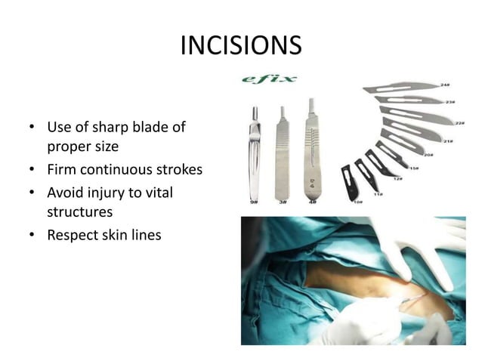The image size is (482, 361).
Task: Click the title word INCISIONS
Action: pyautogui.click(x=241, y=46)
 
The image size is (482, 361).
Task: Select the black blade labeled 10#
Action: pyautogui.click(x=348, y=180)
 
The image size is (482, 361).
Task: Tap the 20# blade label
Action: pyautogui.click(x=428, y=155)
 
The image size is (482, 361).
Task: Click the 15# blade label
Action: pyautogui.click(x=414, y=168)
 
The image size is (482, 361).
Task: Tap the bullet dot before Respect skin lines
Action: pyautogui.click(x=31, y=236)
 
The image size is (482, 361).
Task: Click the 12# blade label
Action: pyautogui.click(x=397, y=179)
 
